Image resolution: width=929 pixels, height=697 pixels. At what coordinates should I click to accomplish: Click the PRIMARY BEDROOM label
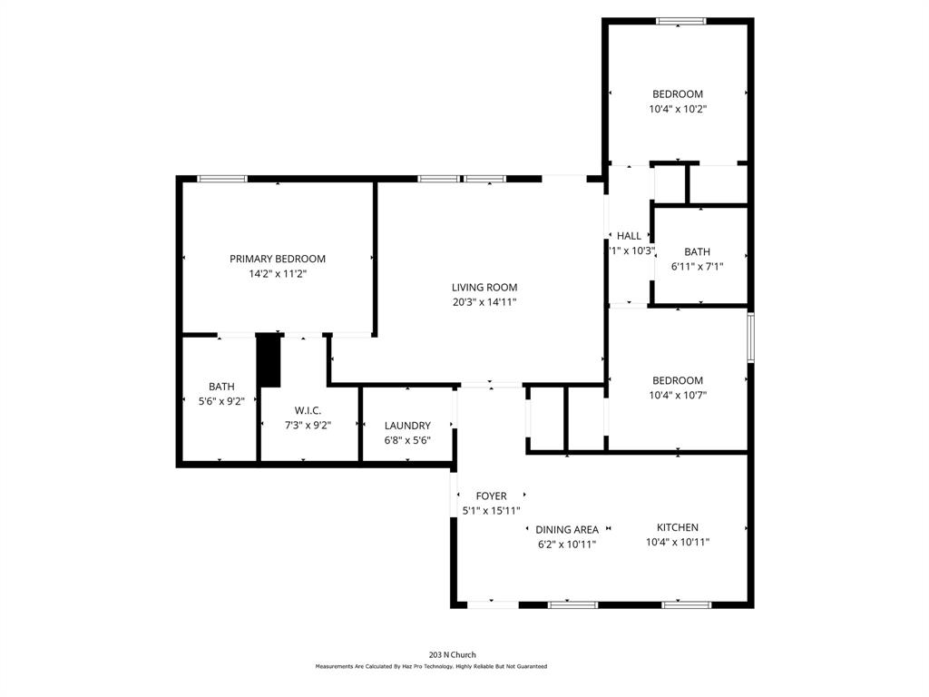(277, 259)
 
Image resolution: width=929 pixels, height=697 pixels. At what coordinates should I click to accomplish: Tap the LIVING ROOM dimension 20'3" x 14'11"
(484, 302)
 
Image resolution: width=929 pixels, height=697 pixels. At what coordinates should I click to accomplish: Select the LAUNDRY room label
(407, 426)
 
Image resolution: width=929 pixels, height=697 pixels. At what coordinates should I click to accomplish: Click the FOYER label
(491, 496)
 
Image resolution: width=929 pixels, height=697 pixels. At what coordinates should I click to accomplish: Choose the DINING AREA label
(566, 530)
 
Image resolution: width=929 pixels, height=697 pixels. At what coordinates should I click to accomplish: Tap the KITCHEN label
(677, 527)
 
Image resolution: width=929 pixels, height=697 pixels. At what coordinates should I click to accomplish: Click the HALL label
(629, 236)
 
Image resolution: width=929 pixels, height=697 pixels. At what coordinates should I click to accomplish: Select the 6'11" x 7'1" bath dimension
(697, 267)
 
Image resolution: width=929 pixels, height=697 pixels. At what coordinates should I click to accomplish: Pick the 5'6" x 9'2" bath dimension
(221, 401)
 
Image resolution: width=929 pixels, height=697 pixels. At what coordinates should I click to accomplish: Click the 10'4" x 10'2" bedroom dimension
(678, 109)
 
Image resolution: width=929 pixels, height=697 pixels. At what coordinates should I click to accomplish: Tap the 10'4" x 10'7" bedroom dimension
(678, 395)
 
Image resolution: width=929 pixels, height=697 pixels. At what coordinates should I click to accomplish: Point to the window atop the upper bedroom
(681, 22)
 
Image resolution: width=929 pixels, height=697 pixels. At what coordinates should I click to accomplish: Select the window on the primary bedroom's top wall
(222, 179)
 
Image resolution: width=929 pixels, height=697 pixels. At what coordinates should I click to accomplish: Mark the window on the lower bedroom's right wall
(750, 338)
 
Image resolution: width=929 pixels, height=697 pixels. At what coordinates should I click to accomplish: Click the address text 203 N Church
(452, 654)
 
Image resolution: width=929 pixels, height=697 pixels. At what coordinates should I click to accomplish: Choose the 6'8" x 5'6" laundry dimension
(407, 440)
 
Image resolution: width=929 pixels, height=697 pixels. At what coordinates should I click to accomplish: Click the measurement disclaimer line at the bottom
(431, 666)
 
